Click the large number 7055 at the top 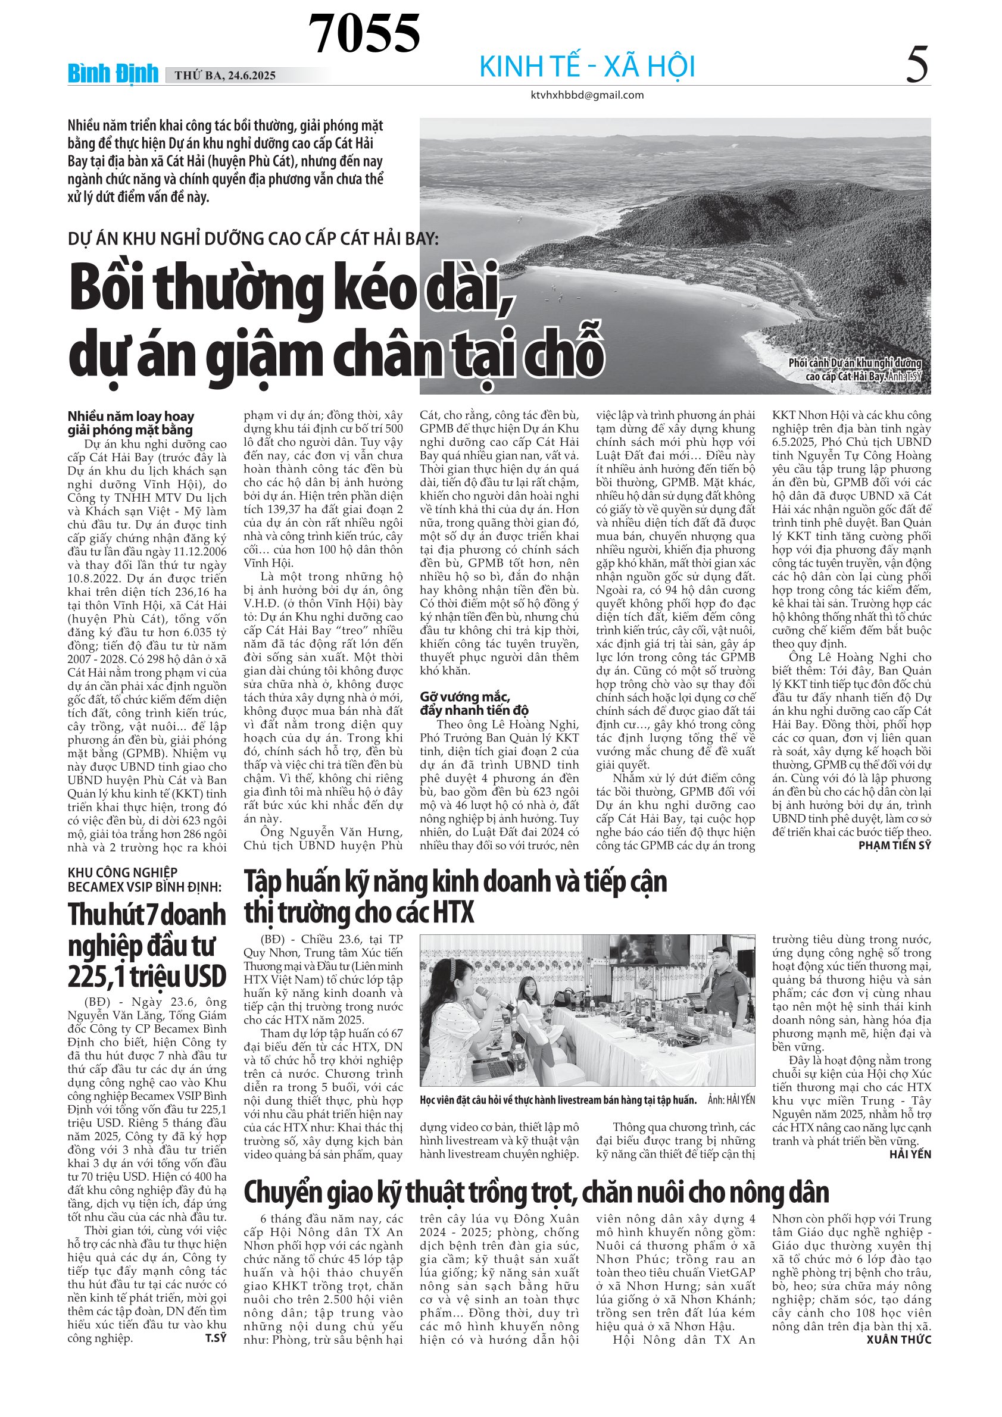point(364,33)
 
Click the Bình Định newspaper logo point(113,74)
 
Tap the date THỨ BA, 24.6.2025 point(224,76)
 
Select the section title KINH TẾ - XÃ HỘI point(587,67)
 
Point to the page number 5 point(917,65)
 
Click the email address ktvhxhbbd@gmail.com point(587,95)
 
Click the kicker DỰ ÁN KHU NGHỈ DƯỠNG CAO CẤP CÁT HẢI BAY point(253,238)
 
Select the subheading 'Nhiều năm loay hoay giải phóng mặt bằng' point(131,423)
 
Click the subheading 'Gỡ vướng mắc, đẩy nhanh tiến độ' point(474,703)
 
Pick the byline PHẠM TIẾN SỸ point(895,846)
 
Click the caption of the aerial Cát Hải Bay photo point(855,369)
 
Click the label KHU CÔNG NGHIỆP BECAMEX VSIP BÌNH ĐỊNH point(145,880)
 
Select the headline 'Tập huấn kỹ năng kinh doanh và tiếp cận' point(455,881)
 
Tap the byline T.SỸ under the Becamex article point(216,1338)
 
